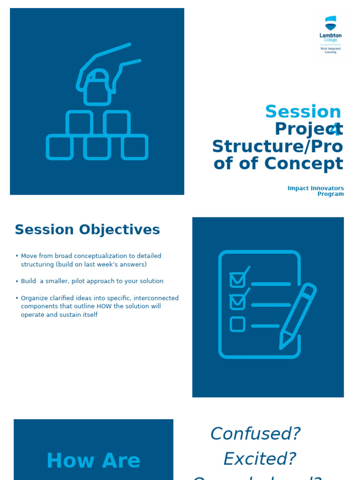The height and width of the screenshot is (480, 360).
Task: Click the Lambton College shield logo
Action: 330,23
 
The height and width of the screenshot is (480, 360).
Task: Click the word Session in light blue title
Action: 303,112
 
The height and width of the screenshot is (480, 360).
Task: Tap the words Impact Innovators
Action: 315,188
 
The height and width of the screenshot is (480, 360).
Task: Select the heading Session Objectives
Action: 87,230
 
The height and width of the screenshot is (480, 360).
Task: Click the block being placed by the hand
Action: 97,89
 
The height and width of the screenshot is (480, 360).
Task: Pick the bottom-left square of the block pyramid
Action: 60,147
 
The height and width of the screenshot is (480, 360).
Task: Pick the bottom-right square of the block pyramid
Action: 135,147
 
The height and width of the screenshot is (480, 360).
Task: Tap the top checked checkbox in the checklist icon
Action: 238,279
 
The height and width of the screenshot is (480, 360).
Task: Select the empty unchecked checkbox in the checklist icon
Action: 238,324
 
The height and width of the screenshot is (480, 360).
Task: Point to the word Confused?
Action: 255,434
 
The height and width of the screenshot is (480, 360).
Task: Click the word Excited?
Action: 259,458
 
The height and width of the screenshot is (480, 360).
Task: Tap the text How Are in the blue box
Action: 93,461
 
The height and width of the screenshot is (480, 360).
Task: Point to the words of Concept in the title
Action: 278,164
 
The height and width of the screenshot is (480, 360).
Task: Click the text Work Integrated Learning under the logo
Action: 330,50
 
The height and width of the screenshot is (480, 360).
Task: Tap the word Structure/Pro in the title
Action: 277,147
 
